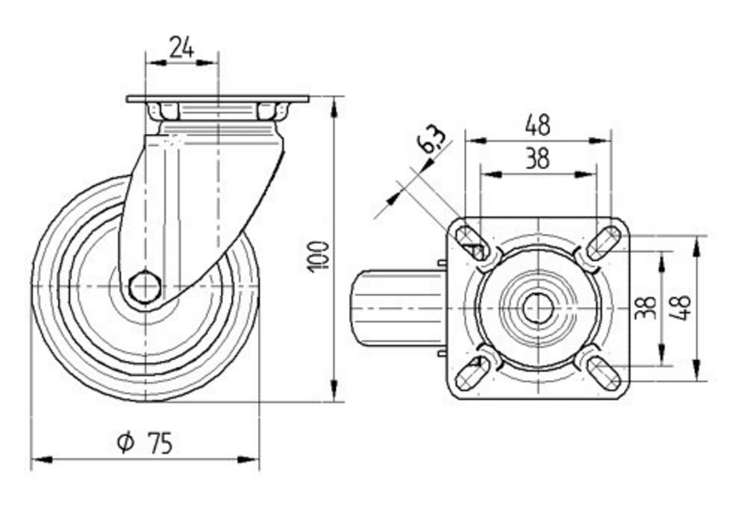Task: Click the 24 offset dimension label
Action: click(x=182, y=47)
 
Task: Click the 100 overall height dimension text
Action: click(x=319, y=256)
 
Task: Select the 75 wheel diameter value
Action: click(x=160, y=442)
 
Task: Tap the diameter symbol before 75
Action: click(x=126, y=442)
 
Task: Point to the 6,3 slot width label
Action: click(x=432, y=140)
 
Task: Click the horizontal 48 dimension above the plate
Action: click(x=538, y=125)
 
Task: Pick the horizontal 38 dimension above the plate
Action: click(x=537, y=158)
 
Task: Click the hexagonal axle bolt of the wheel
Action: click(x=145, y=287)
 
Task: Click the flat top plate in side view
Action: click(x=217, y=98)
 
